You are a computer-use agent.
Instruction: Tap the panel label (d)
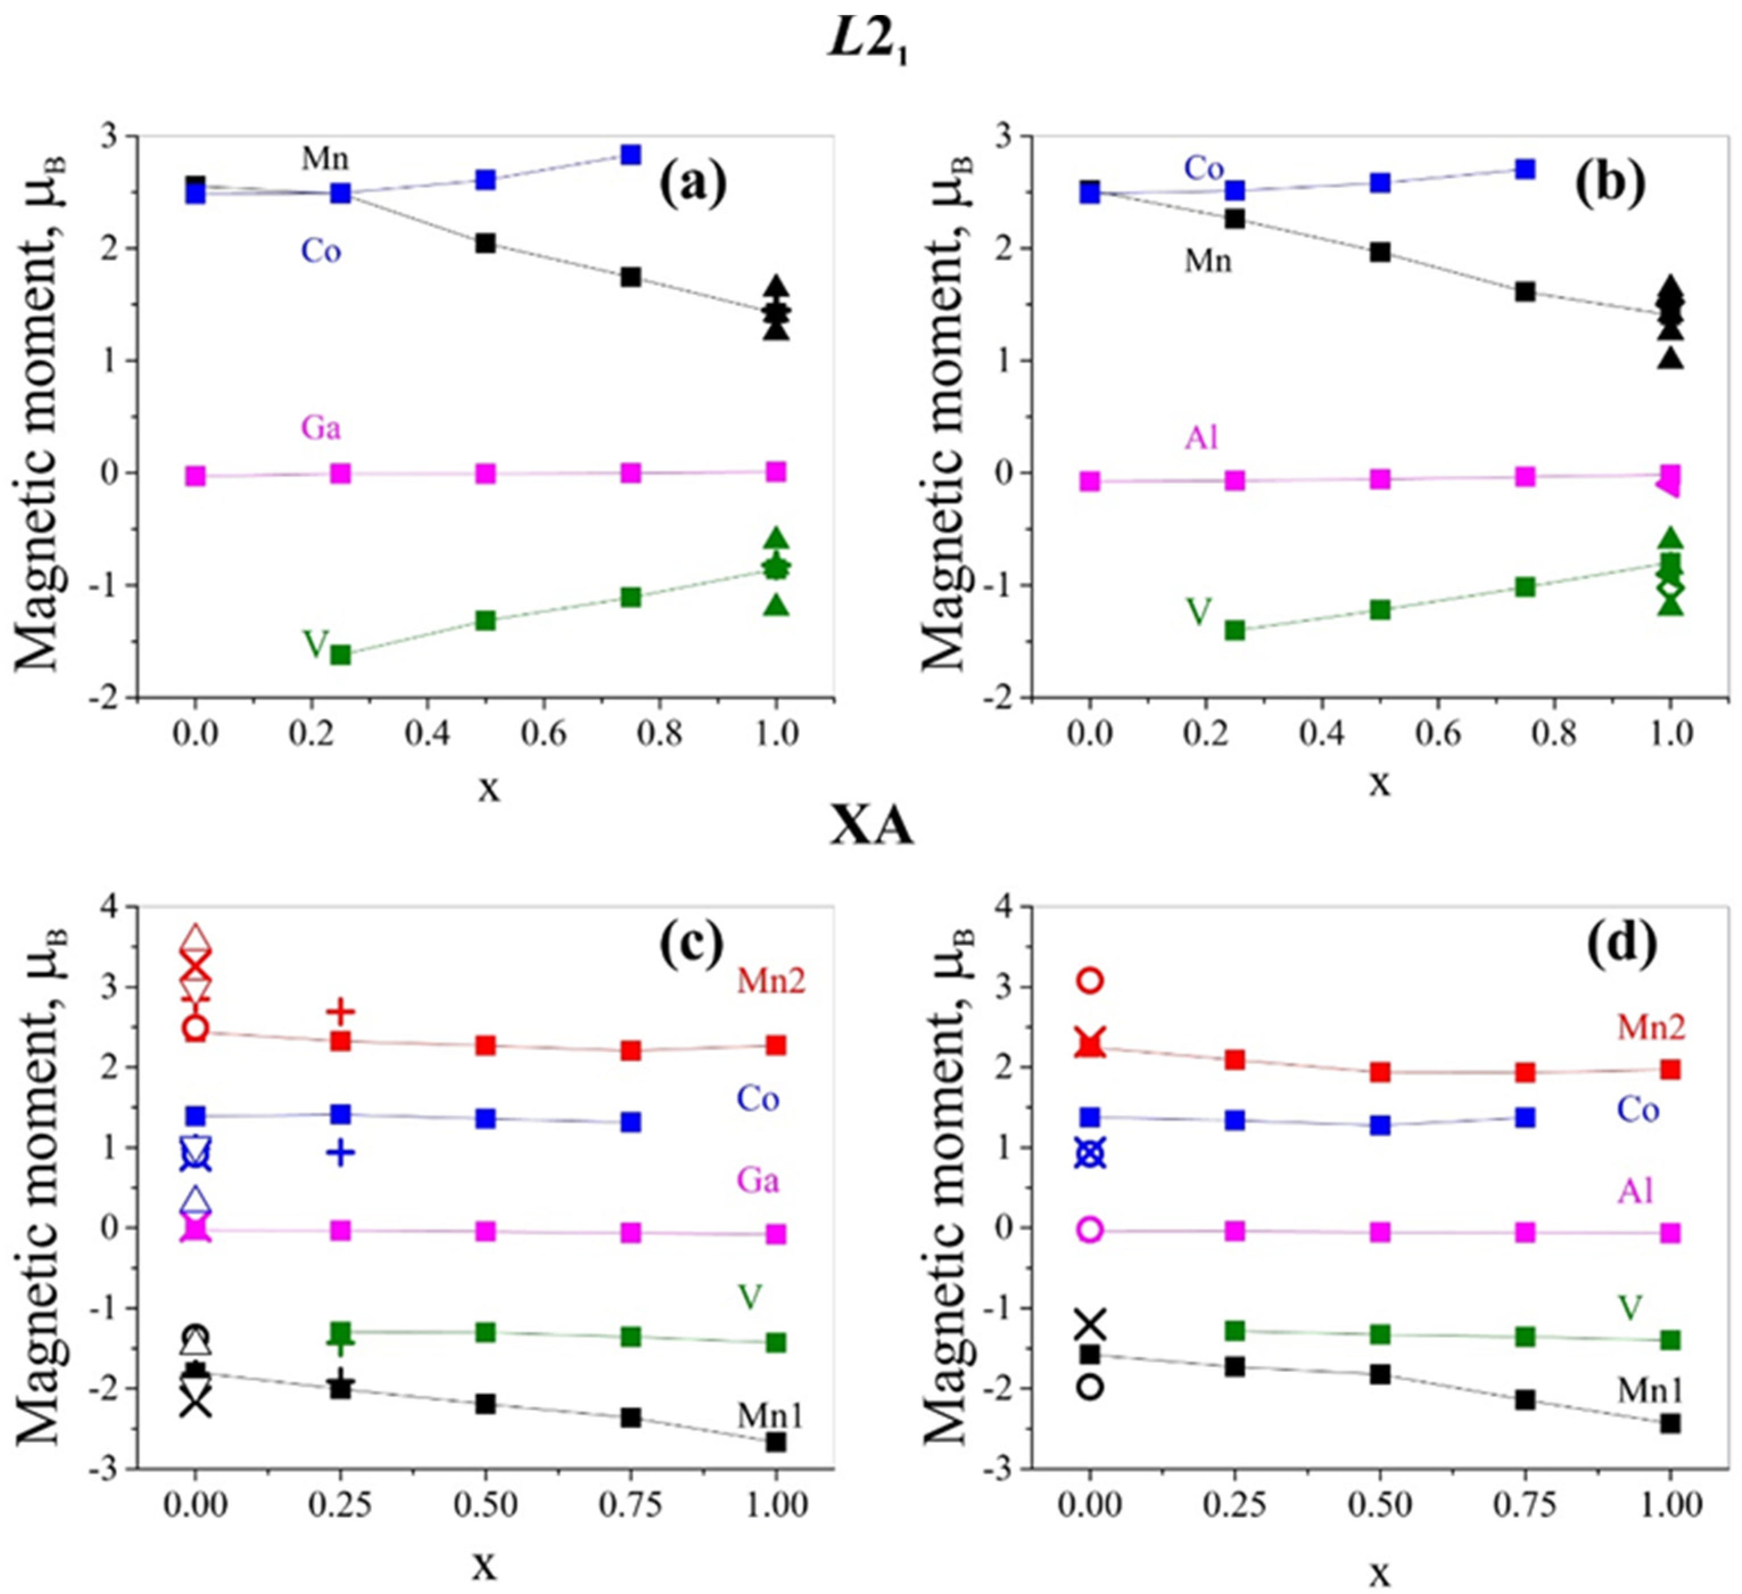coord(1622,940)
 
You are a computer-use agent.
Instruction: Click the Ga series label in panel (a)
coord(320,427)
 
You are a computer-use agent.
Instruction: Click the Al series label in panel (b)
coord(1201,438)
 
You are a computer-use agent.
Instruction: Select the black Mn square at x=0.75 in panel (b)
coord(1525,291)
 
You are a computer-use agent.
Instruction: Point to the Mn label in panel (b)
coord(1207,260)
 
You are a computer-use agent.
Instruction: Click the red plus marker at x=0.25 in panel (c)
coord(341,1010)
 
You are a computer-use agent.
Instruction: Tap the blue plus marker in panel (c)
coord(341,1152)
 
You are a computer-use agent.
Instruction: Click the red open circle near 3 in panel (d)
coord(1091,980)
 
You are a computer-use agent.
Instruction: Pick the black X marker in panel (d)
coord(1091,1322)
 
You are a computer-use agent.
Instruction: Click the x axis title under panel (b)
coord(1380,783)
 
